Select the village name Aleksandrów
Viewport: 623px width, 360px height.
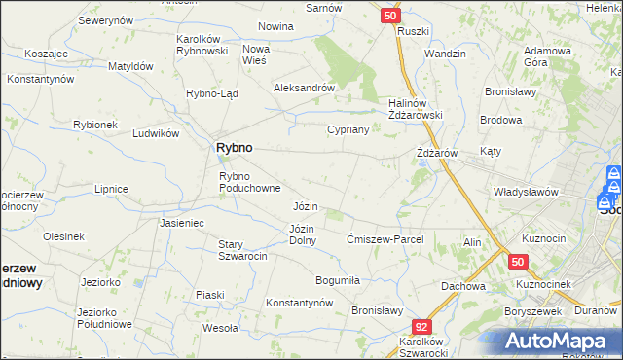[304, 87]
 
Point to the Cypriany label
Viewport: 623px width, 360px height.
[348, 129]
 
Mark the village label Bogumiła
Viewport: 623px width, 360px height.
[338, 280]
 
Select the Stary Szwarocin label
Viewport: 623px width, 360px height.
[242, 249]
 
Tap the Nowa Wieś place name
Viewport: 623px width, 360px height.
[256, 54]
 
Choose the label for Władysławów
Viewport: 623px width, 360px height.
[525, 192]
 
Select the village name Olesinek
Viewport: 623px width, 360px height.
[63, 236]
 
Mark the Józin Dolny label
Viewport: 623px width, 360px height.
[302, 234]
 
